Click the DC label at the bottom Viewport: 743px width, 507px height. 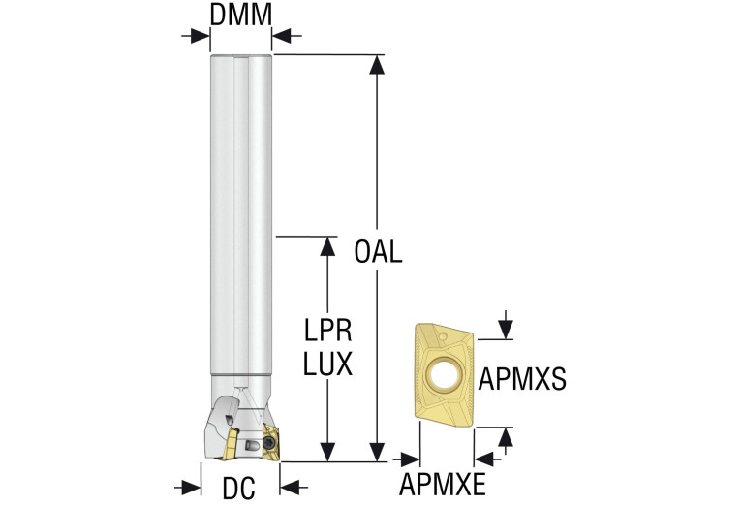point(240,489)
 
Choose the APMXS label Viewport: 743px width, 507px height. point(523,376)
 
